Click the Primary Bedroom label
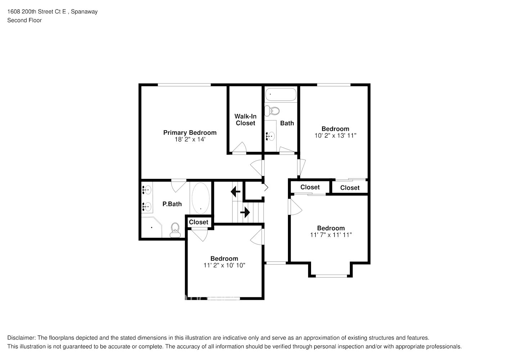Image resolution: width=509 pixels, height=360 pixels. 190,132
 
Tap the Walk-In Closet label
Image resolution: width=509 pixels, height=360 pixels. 246,120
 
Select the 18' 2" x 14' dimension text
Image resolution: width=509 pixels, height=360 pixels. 190,139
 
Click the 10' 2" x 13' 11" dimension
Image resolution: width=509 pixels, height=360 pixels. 335,136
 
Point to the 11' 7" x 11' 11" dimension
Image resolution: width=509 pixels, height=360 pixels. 330,235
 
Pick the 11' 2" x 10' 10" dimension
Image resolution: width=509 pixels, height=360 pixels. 224,265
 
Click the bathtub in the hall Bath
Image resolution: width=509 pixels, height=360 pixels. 281,95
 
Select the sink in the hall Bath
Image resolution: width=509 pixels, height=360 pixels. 270,136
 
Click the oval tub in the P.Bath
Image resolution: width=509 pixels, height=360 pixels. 201,198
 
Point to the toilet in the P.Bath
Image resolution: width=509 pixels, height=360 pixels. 175,230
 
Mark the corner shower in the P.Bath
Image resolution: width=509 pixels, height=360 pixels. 150,227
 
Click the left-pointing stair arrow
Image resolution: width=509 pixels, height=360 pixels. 236,191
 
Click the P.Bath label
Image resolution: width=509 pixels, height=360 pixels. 172,204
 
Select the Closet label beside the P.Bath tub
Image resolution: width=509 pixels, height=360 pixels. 198,222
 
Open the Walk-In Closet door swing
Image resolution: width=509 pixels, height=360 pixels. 239,148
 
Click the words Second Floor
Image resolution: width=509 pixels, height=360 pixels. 24,20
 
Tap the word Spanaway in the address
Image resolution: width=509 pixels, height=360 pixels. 84,12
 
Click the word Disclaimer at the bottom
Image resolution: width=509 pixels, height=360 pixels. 21,338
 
